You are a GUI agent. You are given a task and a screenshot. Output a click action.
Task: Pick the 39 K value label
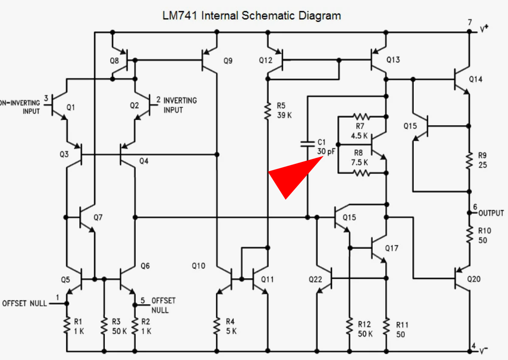(285, 115)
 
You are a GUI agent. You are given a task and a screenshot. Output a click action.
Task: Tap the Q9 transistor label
(228, 61)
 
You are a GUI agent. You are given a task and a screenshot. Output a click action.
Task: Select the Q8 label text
(114, 61)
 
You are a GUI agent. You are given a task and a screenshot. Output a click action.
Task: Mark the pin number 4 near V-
(474, 346)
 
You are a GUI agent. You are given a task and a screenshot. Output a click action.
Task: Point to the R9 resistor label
(482, 156)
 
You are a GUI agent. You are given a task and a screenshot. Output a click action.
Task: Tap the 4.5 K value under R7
(359, 135)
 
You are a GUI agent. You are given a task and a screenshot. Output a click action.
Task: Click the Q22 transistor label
(316, 280)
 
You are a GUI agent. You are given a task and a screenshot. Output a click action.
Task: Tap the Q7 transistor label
(98, 217)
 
